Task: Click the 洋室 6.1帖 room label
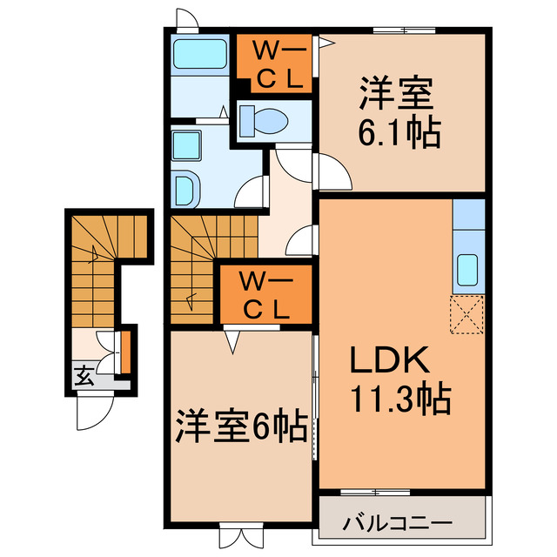point(399,112)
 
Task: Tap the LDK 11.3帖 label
point(399,379)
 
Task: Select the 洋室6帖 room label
point(241,426)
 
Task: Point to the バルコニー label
point(397,524)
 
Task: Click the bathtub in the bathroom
point(198,54)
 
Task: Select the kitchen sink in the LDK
point(467,271)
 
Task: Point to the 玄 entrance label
point(84,376)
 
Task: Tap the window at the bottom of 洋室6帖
point(239,533)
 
